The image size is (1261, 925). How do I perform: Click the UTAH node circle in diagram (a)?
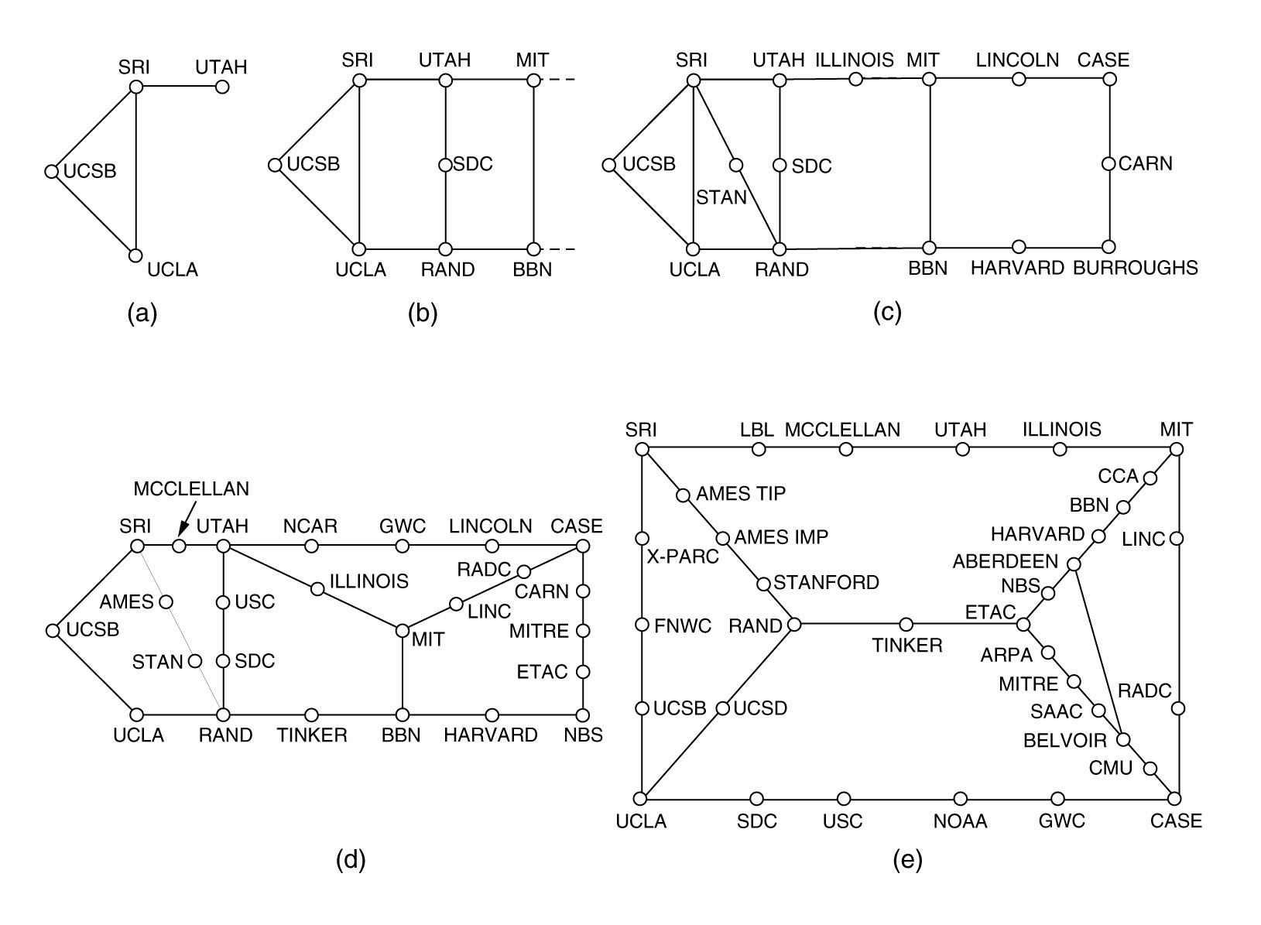tap(222, 87)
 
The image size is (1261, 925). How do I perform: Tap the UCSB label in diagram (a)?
tap(90, 171)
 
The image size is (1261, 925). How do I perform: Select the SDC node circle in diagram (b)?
tap(445, 165)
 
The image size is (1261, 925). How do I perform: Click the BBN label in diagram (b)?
tap(533, 270)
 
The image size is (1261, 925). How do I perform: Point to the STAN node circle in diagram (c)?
tap(736, 165)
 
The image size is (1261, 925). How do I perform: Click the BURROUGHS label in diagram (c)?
tap(1135, 268)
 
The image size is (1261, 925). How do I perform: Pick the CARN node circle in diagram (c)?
tap(1109, 164)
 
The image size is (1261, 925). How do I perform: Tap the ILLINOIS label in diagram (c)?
tap(855, 60)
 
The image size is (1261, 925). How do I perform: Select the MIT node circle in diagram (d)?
tap(402, 631)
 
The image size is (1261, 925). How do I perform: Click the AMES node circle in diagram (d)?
tap(164, 601)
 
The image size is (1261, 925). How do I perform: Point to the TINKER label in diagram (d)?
tap(312, 735)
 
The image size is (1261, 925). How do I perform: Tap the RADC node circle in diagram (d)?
tap(524, 572)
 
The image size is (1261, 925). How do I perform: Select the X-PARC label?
tap(683, 557)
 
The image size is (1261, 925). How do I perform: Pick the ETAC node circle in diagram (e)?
tap(1023, 624)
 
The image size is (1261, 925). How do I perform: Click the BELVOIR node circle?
tap(1123, 740)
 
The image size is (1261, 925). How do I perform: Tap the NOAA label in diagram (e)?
tap(960, 821)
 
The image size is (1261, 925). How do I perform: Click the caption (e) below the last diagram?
tap(907, 860)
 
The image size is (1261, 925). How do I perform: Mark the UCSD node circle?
tap(722, 708)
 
